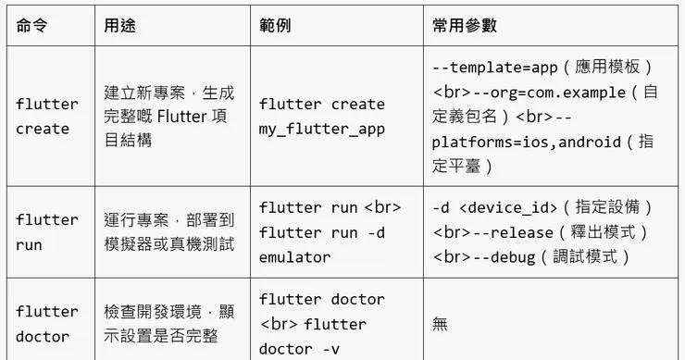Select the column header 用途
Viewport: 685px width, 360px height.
(119, 26)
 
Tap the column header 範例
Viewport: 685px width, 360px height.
(275, 26)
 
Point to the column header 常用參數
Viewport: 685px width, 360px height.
(464, 26)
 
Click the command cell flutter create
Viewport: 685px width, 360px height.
(46, 117)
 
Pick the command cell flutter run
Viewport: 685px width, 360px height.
(46, 232)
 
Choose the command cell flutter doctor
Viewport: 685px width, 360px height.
(46, 324)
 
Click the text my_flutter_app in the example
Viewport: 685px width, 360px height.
(321, 129)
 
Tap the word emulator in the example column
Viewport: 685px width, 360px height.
(294, 256)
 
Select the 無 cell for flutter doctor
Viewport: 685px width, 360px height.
(440, 324)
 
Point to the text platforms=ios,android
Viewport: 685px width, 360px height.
(523, 143)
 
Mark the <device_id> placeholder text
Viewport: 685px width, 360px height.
(508, 207)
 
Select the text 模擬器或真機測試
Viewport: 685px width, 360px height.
(168, 244)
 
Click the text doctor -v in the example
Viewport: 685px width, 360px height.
(299, 349)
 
